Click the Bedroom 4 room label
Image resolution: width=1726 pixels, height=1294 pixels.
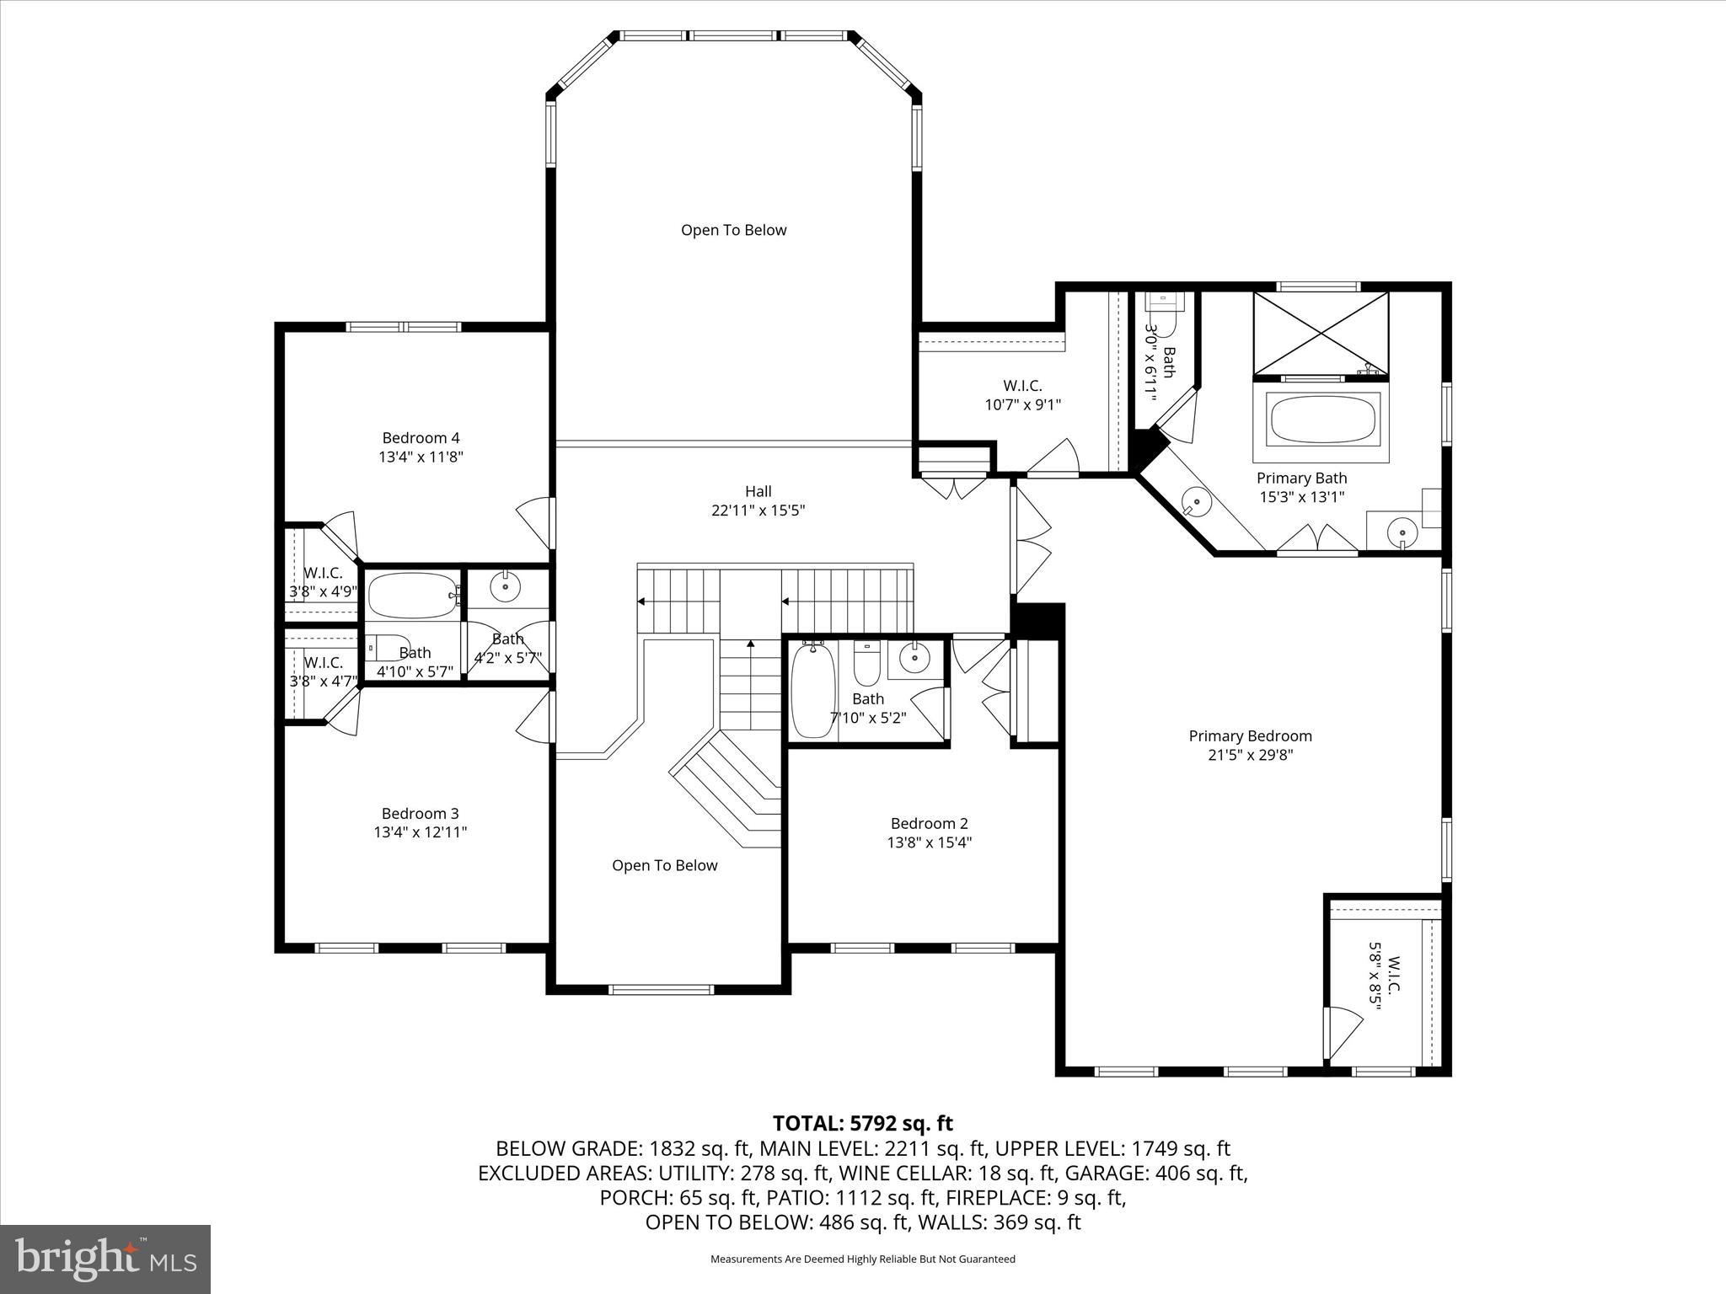[x=421, y=438]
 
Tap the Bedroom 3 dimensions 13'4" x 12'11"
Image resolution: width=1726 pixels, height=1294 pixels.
[x=421, y=832]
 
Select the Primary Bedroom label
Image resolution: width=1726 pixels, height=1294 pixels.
[x=1250, y=736]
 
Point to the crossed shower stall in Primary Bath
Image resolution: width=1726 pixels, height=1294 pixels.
[x=1321, y=332]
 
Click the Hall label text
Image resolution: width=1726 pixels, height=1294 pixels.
[x=758, y=491]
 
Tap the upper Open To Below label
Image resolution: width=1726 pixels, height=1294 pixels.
[x=733, y=230]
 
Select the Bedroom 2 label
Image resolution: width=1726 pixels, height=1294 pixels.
[x=929, y=823]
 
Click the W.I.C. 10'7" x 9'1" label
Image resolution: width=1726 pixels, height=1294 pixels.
[x=1022, y=395]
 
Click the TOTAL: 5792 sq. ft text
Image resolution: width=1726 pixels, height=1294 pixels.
[x=862, y=1123]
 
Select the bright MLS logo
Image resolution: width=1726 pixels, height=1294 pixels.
[x=105, y=1258]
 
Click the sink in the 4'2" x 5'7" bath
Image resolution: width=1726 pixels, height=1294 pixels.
[x=506, y=587]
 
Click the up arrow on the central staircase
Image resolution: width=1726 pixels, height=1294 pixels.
[x=750, y=645]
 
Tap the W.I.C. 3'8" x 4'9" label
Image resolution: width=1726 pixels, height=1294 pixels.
[x=324, y=582]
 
